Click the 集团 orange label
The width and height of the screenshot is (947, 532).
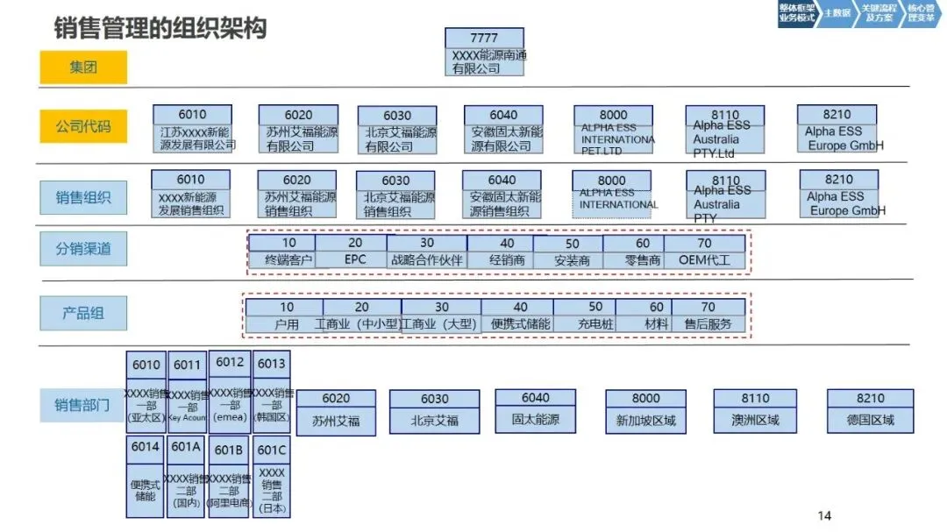coord(83,67)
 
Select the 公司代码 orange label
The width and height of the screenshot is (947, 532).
coord(83,126)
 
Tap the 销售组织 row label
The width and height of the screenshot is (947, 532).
coord(83,197)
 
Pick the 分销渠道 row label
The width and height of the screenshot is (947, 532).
coord(83,249)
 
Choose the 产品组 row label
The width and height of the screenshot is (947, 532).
coord(83,313)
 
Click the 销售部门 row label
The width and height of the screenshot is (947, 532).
coord(83,405)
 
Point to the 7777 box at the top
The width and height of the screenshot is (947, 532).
coord(484,38)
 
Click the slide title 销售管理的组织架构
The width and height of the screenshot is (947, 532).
coord(160,27)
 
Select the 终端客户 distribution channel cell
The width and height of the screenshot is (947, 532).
coord(281,260)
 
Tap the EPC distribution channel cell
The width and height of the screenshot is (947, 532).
coord(354,260)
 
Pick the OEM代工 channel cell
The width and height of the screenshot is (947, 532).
coord(704,260)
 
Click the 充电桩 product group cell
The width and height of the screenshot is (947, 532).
coord(595,324)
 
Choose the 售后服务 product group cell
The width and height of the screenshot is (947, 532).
coord(708,324)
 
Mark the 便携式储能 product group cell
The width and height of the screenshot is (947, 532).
coord(520,324)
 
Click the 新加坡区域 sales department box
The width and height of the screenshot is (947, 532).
coord(645,420)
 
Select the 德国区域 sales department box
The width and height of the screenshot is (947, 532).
coord(870,420)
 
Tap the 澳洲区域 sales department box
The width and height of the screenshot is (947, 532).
coord(755,420)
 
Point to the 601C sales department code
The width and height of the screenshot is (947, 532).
coord(272,450)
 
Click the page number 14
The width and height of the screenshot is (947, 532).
coord(823,515)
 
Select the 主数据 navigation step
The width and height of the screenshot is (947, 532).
coord(837,13)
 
